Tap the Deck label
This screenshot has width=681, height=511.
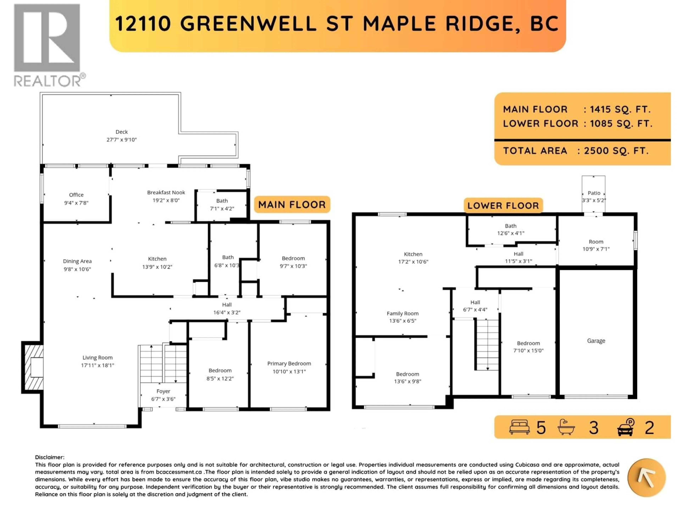122,132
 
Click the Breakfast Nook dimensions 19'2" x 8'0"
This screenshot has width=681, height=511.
166,200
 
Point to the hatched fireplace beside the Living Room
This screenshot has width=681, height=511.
32,367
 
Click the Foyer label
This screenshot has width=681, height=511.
163,391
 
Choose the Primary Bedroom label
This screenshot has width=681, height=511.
289,363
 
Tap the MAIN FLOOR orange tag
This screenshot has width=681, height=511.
292,205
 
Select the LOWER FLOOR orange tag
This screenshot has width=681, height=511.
503,205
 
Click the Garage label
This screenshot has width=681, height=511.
596,341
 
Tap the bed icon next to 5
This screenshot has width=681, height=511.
519,427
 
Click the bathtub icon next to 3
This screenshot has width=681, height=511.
566,427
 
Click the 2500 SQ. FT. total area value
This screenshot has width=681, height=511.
616,151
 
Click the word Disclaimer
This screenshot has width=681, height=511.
49,457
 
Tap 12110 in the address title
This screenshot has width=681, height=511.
143,24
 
